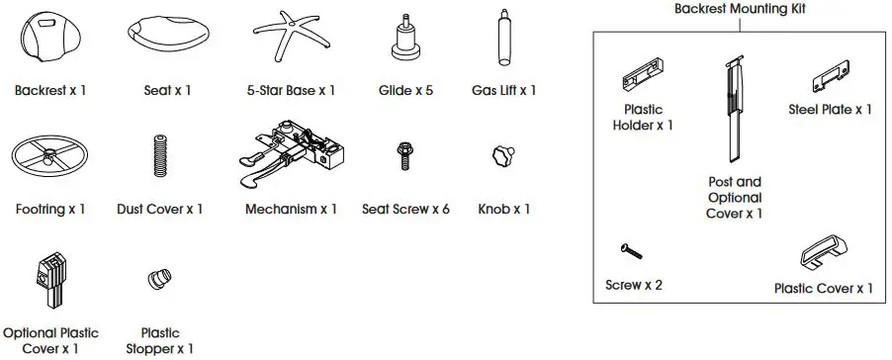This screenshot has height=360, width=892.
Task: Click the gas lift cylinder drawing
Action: (x=503, y=38)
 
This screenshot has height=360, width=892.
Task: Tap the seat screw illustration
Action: (x=404, y=156)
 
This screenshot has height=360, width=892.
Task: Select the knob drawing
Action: (x=501, y=156)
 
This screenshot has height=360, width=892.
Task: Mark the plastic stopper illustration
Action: (x=158, y=281)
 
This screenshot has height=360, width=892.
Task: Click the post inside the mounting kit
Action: (x=733, y=109)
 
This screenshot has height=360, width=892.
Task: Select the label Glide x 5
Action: (x=405, y=90)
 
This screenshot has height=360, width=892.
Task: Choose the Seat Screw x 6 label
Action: (x=405, y=209)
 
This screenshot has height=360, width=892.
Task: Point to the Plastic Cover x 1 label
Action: (x=823, y=288)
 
